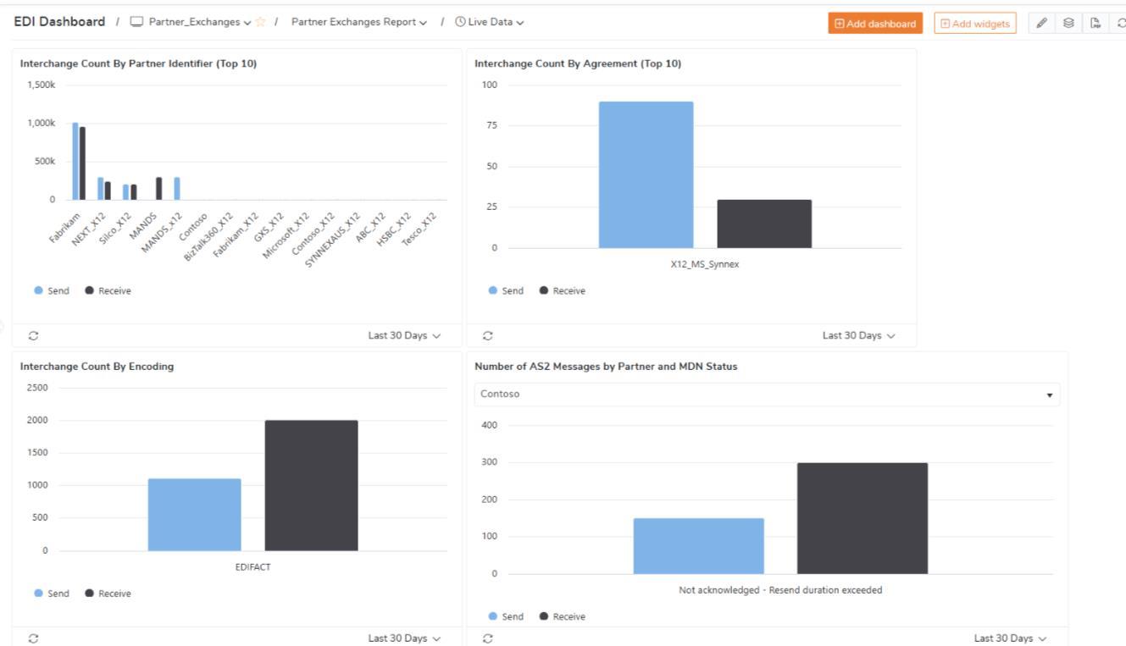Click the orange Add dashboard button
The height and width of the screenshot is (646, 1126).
(x=875, y=24)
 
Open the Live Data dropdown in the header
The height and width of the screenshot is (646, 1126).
(x=490, y=22)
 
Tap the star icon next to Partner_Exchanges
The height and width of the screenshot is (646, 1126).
(x=261, y=22)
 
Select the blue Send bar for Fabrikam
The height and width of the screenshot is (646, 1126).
(x=75, y=161)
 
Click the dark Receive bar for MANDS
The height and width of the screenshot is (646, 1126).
(x=158, y=188)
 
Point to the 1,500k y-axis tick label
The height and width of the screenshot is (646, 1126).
(x=42, y=85)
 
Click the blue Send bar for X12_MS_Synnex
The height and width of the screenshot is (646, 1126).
(x=646, y=174)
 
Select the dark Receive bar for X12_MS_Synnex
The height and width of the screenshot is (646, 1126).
(x=764, y=224)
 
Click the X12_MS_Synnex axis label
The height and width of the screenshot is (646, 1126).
(x=705, y=263)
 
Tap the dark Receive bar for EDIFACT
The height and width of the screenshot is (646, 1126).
(x=311, y=485)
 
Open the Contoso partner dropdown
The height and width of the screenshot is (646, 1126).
(x=766, y=395)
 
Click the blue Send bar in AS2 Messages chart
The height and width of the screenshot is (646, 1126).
(x=698, y=546)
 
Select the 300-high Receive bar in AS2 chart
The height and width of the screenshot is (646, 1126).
(x=862, y=518)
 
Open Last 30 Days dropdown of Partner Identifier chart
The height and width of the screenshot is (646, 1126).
(x=404, y=335)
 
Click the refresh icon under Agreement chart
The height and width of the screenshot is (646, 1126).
(x=487, y=335)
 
